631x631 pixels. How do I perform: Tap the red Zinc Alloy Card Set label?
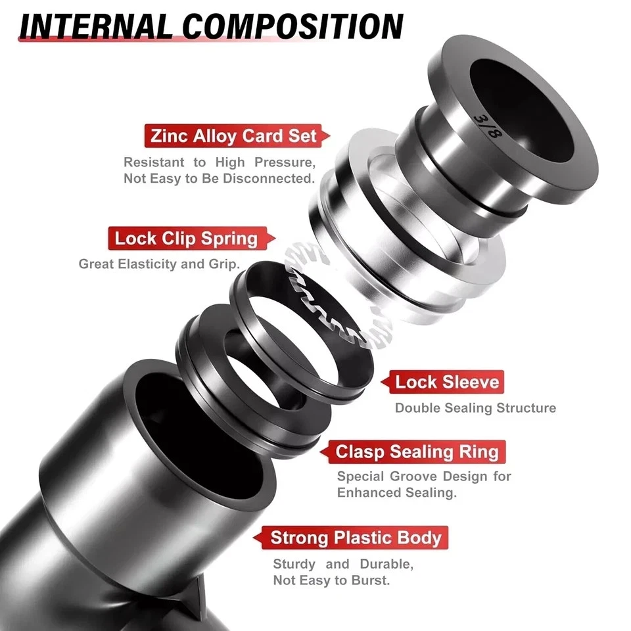tap(233, 137)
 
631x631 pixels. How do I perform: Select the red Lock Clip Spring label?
tap(186, 238)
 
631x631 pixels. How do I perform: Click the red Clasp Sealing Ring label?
tap(417, 452)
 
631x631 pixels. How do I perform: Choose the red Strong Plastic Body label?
tap(356, 538)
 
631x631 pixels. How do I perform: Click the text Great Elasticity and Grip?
tap(159, 264)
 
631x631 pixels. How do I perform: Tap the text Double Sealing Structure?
tap(475, 408)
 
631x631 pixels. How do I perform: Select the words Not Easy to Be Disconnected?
tap(219, 179)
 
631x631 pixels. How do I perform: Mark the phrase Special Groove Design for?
tap(424, 477)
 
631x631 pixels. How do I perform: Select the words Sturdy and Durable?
tap(342, 564)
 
